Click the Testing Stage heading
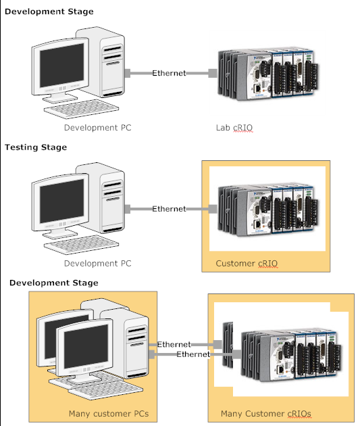pyautogui.click(x=36, y=147)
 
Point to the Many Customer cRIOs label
pyautogui.click(x=265, y=413)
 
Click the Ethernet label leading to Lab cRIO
pyautogui.click(x=169, y=73)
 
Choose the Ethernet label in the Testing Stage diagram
pyautogui.click(x=169, y=209)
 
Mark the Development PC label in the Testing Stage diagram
pyautogui.click(x=98, y=263)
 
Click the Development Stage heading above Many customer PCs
pyautogui.click(x=53, y=282)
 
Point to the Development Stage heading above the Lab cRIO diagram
pyautogui.click(x=49, y=11)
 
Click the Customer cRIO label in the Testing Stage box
pyautogui.click(x=247, y=263)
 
